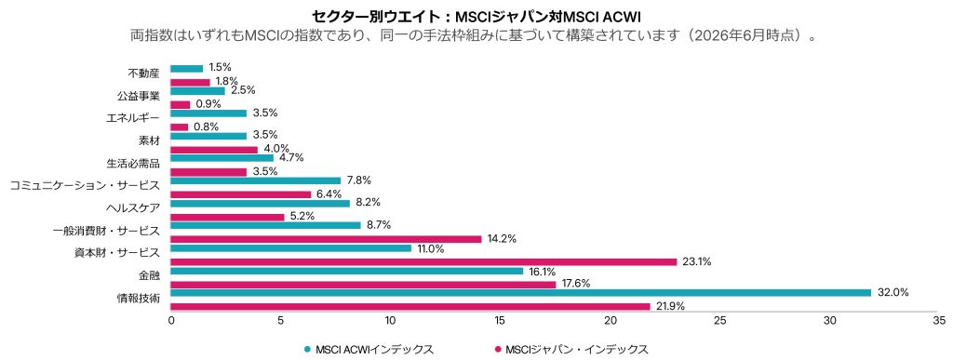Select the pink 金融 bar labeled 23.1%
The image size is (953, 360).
click(x=423, y=261)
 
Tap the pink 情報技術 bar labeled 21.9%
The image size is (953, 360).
click(x=410, y=307)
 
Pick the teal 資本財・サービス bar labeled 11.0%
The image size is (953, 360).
click(x=290, y=248)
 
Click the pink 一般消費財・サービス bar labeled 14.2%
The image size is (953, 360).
click(x=326, y=239)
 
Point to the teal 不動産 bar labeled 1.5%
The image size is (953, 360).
click(x=186, y=68)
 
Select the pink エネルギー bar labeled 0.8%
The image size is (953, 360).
click(x=180, y=127)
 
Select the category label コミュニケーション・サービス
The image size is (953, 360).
click(x=85, y=185)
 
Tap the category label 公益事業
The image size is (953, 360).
click(x=139, y=95)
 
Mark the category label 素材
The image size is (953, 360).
click(x=150, y=140)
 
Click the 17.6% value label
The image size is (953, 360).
click(x=574, y=284)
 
